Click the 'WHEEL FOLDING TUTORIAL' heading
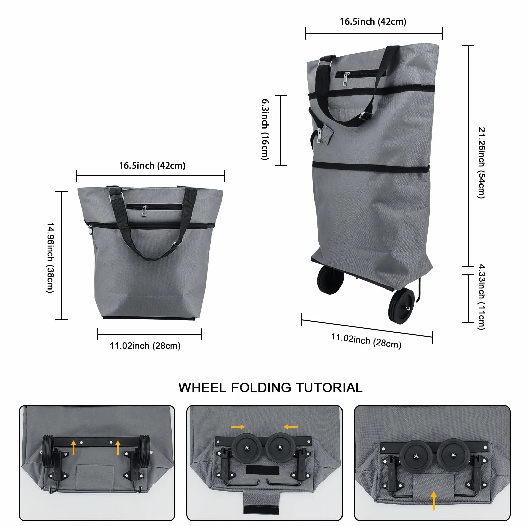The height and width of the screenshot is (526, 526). tap(270, 388)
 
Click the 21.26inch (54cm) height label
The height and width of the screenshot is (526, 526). tap(482, 163)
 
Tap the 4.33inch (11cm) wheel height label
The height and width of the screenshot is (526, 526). tap(482, 297)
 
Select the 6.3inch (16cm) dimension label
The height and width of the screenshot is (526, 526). tap(265, 129)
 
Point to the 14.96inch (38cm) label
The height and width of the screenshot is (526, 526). tap(50, 257)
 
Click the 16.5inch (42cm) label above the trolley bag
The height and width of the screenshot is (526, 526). tap(373, 22)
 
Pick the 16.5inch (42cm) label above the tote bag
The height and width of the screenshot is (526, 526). tap(152, 166)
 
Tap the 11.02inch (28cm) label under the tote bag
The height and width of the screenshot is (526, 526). tap(145, 346)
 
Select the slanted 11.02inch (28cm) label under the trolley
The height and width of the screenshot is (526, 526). tap(366, 341)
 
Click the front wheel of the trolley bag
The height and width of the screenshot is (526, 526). tap(401, 306)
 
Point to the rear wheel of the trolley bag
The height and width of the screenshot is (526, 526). tap(330, 279)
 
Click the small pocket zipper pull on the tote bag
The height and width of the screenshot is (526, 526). tap(145, 211)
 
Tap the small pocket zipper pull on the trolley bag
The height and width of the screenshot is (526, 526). tap(346, 79)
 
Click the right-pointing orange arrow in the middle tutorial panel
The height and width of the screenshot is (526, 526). tap(238, 427)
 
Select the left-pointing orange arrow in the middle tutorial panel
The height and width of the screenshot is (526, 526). tap(291, 427)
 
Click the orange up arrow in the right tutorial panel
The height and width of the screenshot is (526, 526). tap(434, 501)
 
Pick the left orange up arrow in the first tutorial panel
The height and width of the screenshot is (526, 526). tap(74, 448)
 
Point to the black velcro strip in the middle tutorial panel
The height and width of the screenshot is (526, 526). tap(262, 470)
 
